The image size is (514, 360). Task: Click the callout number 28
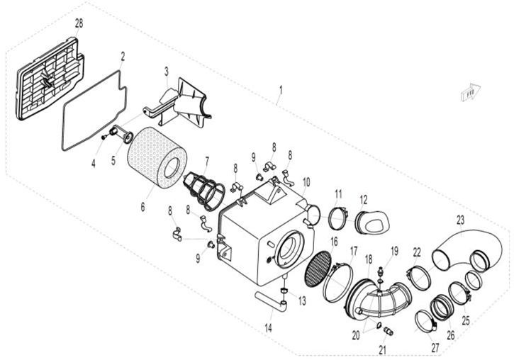point(79,23)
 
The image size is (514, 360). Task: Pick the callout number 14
point(268,329)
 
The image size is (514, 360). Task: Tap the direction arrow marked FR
point(469,91)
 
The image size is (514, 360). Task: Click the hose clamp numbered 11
point(337,218)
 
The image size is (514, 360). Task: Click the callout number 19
point(395,250)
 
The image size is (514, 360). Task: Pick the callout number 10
point(306,181)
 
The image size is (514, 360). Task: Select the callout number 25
point(466,300)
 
